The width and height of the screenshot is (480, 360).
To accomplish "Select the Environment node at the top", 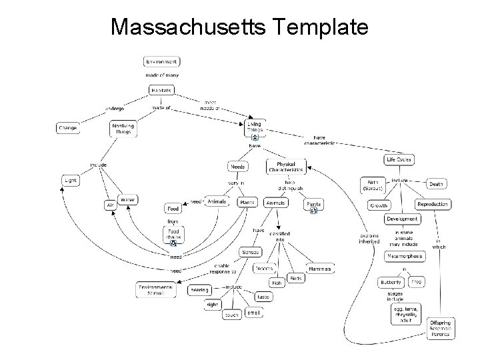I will [x=161, y=61].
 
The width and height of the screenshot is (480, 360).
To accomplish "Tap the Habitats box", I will [x=161, y=90].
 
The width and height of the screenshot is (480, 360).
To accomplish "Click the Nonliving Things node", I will [x=122, y=128].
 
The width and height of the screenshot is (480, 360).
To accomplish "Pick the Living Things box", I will [x=255, y=127].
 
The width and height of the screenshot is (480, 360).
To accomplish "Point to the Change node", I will [x=67, y=127].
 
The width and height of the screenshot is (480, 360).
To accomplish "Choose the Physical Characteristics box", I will [x=285, y=167].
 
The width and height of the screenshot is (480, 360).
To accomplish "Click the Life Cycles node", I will [x=399, y=160].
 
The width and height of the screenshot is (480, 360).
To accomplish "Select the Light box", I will [x=70, y=180].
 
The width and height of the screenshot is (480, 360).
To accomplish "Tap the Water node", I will [x=128, y=199].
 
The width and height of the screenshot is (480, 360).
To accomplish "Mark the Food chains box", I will [x=173, y=235].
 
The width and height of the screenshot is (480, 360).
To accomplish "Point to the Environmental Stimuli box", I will [x=155, y=289].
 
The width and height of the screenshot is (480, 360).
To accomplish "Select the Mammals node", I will [x=319, y=269].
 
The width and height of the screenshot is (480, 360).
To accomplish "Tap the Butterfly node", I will [x=391, y=282].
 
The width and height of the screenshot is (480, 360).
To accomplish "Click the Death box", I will [x=436, y=184].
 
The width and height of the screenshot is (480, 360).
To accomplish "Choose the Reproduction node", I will [x=433, y=204].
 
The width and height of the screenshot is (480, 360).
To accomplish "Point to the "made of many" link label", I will [x=161, y=75].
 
